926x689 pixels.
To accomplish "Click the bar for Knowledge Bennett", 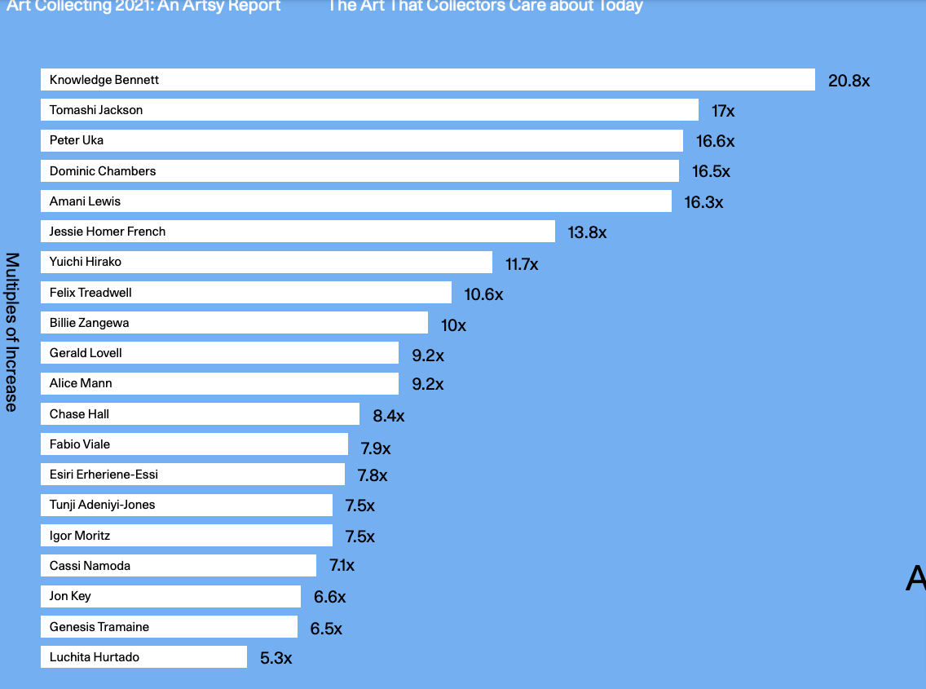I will click(x=428, y=80).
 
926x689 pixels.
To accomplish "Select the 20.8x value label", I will click(x=849, y=81).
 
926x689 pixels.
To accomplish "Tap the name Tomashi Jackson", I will click(x=96, y=110).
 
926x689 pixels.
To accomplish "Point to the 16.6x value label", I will click(x=715, y=141).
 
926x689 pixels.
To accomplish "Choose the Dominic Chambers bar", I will click(x=359, y=171).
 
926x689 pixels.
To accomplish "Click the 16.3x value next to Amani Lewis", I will click(x=703, y=202).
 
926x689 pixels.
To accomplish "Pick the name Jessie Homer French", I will click(x=108, y=232).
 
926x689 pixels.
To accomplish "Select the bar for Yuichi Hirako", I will click(x=267, y=262).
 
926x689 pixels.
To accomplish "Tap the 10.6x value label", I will click(x=483, y=294).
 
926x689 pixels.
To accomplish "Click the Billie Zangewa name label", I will click(x=89, y=323).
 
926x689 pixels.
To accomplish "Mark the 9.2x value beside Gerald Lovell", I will click(x=427, y=356).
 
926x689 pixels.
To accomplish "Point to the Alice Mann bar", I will click(x=219, y=383).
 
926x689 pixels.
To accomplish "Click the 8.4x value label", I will click(x=388, y=416).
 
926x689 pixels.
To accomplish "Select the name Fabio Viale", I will click(x=80, y=444).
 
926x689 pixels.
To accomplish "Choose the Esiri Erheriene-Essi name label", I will click(x=104, y=475).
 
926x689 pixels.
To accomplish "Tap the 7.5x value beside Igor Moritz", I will click(x=359, y=537).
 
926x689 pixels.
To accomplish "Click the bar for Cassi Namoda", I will click(x=179, y=566).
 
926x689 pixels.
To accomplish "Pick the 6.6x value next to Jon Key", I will click(x=329, y=597).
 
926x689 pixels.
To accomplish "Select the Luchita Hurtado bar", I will click(x=143, y=657).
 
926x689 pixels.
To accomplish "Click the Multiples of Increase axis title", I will click(x=12, y=332).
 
